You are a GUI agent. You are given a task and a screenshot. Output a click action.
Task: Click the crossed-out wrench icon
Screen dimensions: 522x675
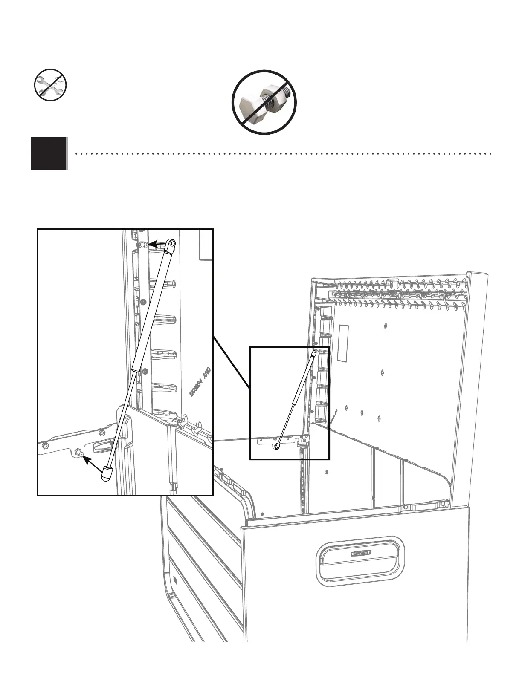(x=50, y=85)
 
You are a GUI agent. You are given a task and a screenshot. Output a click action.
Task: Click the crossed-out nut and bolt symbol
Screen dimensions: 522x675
(x=264, y=102)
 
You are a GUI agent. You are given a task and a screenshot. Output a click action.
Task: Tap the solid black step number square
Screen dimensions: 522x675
(x=49, y=153)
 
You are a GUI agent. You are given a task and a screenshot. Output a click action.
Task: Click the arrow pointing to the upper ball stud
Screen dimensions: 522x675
(x=158, y=244)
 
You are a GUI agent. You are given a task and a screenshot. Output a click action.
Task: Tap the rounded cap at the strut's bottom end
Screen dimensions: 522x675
(x=107, y=473)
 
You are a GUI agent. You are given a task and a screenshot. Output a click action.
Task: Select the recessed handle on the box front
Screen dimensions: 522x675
(x=360, y=559)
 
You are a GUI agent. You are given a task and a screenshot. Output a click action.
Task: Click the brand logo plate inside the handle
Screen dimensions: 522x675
(x=361, y=554)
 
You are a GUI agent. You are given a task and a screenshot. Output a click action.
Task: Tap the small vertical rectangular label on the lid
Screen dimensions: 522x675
(x=343, y=342)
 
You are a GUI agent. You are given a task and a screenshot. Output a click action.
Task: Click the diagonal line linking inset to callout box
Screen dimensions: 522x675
(x=231, y=362)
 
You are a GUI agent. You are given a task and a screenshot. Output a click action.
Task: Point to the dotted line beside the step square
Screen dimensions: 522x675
(x=281, y=153)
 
